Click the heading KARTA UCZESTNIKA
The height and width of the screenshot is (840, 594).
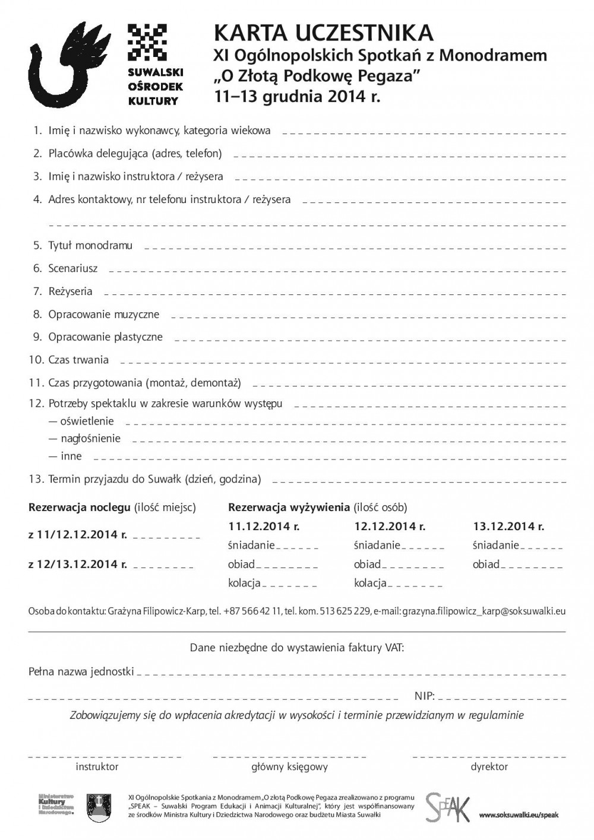[324, 33]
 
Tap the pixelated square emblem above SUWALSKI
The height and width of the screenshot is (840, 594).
[147, 42]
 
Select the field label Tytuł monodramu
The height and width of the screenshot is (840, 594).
[90, 245]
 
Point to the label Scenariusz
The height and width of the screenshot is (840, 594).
[73, 268]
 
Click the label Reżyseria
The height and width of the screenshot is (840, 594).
[70, 291]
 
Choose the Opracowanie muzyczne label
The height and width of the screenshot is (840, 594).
[103, 314]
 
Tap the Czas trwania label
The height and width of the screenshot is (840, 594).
[78, 360]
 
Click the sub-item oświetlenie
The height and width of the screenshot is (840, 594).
[87, 421]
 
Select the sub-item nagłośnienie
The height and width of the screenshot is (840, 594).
[90, 439]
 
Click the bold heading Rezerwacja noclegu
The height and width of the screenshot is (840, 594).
[80, 508]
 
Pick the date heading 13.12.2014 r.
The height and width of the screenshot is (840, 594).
[508, 526]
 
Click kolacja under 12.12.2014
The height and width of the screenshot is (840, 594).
[370, 583]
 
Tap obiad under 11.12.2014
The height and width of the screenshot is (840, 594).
[241, 564]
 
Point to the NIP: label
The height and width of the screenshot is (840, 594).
[425, 696]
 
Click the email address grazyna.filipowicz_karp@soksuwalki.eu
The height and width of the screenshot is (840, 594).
[484, 611]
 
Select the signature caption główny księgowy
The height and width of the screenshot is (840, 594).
[289, 766]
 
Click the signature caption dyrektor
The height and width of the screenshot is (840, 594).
[489, 766]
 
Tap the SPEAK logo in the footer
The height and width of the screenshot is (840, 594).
[447, 807]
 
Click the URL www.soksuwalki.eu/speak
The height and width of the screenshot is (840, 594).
[519, 815]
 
